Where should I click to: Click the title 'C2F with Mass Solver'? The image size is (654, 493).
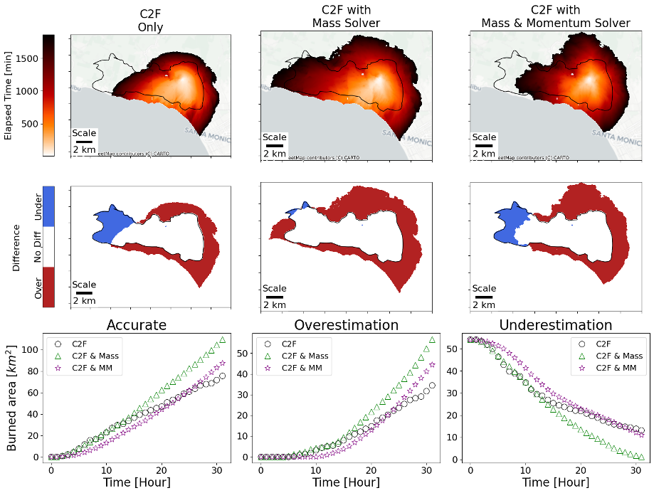pos(346,16)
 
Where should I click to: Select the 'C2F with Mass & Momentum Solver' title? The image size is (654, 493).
pos(556,16)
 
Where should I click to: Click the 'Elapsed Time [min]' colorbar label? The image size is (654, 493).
pos(9,95)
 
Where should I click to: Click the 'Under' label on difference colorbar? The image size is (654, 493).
pos(38,206)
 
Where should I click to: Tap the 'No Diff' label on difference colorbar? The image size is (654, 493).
pos(38,248)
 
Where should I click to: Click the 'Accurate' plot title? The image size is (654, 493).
pos(137,325)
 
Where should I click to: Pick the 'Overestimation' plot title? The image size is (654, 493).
pos(346,325)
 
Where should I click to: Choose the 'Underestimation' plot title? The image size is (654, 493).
pos(556,325)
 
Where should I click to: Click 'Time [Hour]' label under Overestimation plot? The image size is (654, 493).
pos(346,482)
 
